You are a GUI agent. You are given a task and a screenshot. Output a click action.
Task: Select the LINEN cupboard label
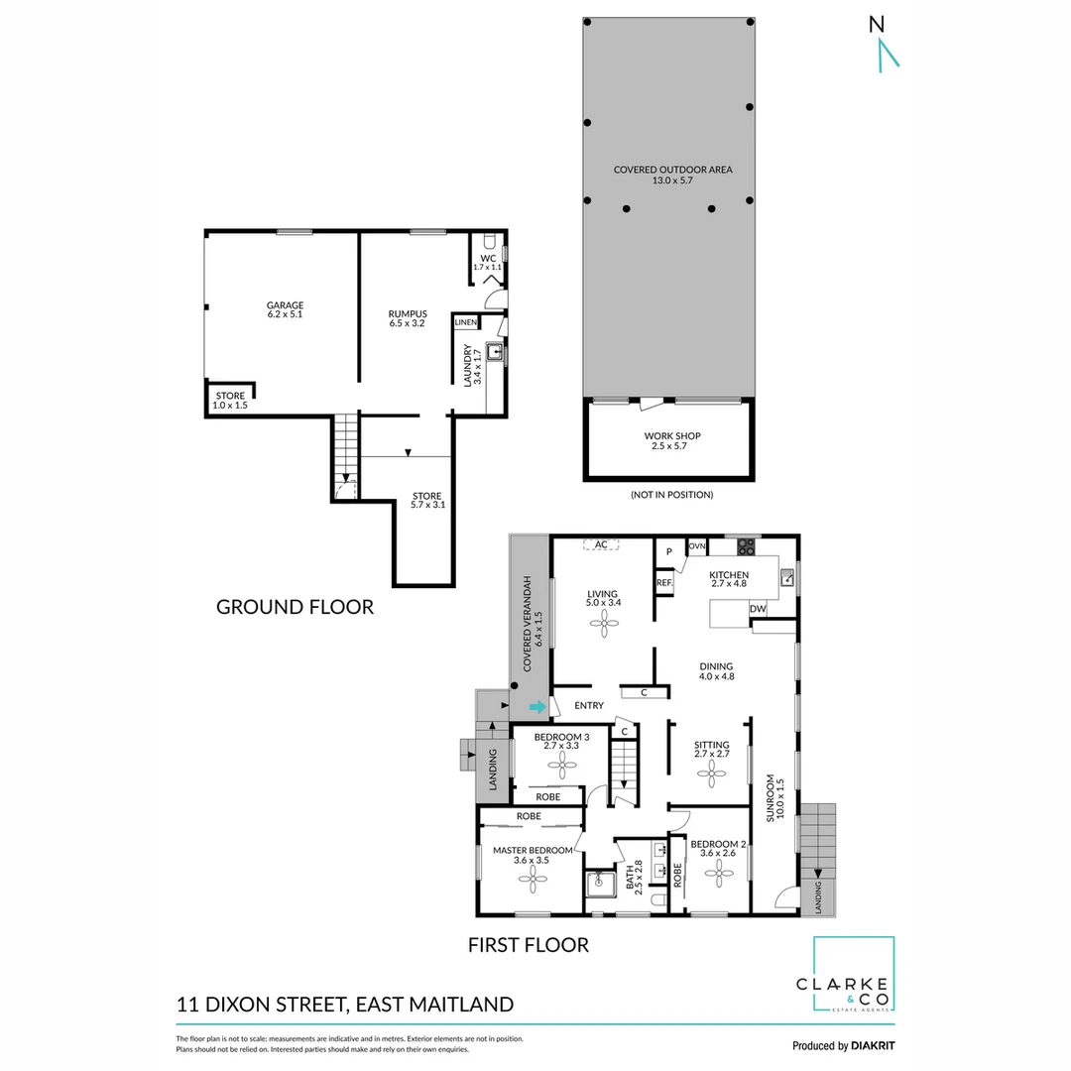466,323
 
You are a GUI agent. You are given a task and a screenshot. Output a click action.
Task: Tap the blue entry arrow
536,707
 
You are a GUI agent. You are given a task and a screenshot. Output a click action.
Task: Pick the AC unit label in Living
601,544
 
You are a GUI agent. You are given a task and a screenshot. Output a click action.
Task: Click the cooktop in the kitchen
746,546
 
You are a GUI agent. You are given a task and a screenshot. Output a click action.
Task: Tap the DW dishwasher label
758,609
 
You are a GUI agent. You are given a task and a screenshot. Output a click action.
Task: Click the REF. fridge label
664,583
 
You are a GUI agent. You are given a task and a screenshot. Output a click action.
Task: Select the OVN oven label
697,546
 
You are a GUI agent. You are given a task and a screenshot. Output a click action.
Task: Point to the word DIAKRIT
873,1045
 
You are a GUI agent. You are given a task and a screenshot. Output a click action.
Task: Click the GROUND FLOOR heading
295,607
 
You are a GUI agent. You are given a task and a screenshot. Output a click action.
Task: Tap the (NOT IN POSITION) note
671,494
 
